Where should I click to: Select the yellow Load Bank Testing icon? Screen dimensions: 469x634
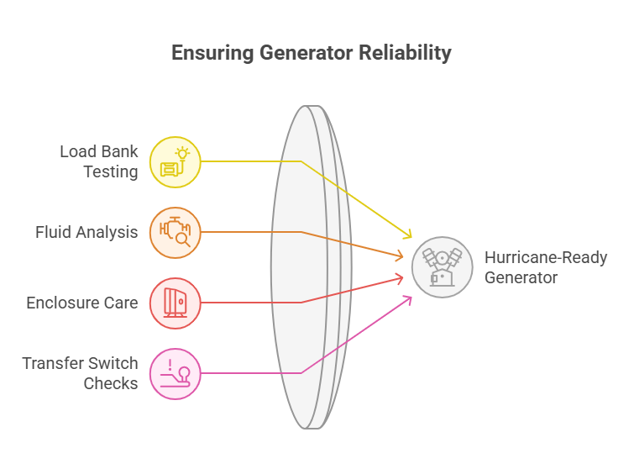(176, 161)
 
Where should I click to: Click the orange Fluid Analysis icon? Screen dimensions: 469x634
(176, 232)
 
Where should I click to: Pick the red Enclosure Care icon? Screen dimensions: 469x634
(176, 303)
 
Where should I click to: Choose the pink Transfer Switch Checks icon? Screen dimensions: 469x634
(176, 373)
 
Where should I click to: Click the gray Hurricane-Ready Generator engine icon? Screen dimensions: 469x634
(443, 267)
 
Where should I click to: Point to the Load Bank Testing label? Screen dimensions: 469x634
(98, 162)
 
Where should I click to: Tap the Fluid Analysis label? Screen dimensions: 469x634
(86, 232)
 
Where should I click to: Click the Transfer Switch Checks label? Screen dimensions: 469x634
(81, 373)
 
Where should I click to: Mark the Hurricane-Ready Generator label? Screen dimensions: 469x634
(529, 266)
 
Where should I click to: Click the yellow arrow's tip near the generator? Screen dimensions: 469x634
(411, 238)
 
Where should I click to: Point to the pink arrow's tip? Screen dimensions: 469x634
(411, 297)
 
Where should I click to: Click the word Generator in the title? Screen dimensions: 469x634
(308, 52)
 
